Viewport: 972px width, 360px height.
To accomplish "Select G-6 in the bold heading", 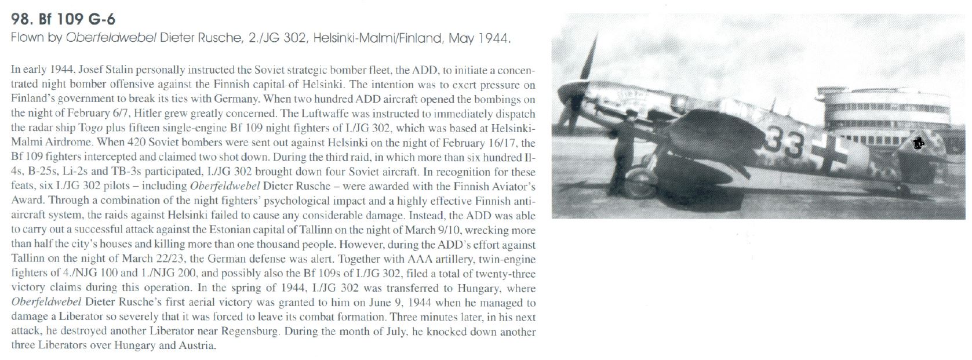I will click(100, 19).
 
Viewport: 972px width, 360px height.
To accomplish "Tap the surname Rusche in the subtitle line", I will click(216, 39).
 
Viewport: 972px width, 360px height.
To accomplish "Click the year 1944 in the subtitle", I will click(493, 39).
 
